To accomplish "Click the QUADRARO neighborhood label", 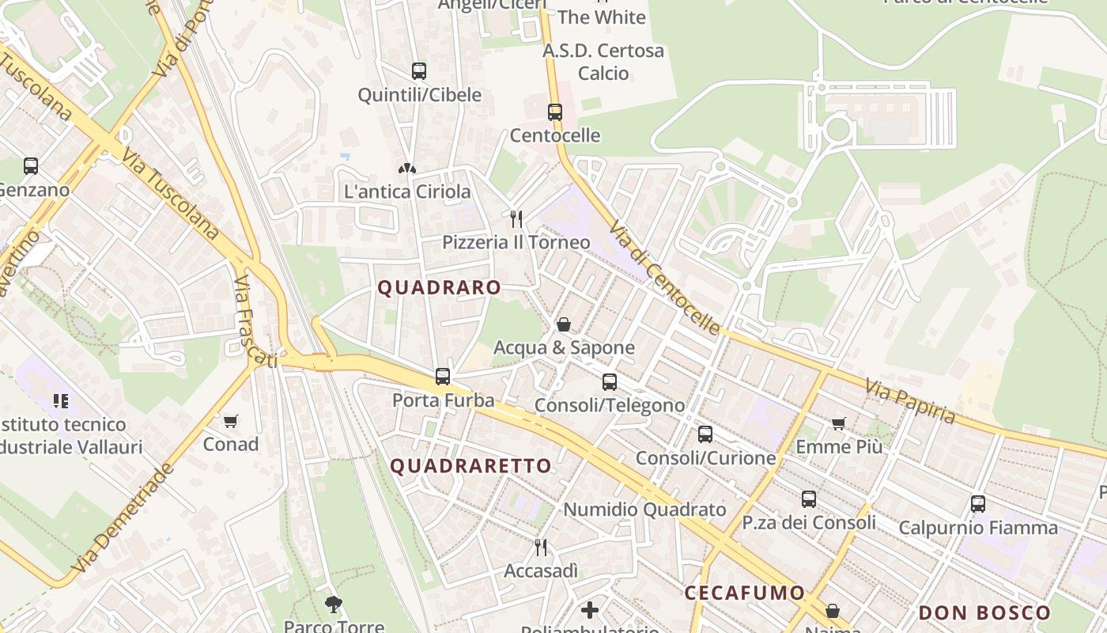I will pos(439,287).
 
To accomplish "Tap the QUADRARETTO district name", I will pos(470,465).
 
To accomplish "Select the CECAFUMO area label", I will pos(744,593).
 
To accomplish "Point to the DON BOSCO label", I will pos(984,612).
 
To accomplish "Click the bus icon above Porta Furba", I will pos(443,377).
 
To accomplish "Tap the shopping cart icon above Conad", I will pos(231,421).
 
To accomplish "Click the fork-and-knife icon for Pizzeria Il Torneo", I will pos(516,218).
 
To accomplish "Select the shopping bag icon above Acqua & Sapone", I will pos(564,324).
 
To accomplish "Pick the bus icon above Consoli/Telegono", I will pos(610,382).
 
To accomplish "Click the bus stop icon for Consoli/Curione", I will pos(705,434).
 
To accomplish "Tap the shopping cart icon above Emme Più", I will pos(839,423).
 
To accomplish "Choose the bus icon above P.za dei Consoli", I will pos(808,499).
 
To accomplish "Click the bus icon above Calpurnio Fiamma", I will pos(978,504).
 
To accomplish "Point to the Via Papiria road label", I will pos(910,401).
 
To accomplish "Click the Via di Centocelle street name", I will pos(664,277).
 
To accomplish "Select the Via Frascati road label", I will pos(255,322).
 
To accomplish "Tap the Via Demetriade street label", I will pos(122,518).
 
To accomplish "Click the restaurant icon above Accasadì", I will pos(541,547).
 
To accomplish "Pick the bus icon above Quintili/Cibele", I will pos(419,71).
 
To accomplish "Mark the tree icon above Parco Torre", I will pos(334,605).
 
